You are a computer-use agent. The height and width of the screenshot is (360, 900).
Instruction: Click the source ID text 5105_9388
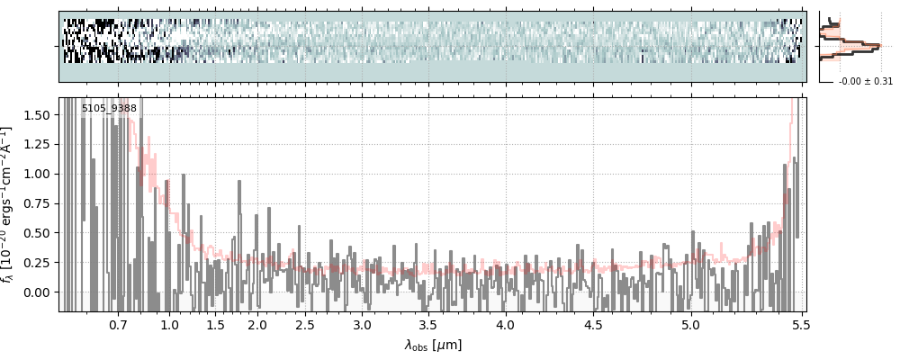(x=109, y=109)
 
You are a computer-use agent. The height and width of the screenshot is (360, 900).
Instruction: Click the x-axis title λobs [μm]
(x=433, y=345)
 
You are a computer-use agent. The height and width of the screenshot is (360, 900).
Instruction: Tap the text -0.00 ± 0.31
(x=865, y=82)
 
